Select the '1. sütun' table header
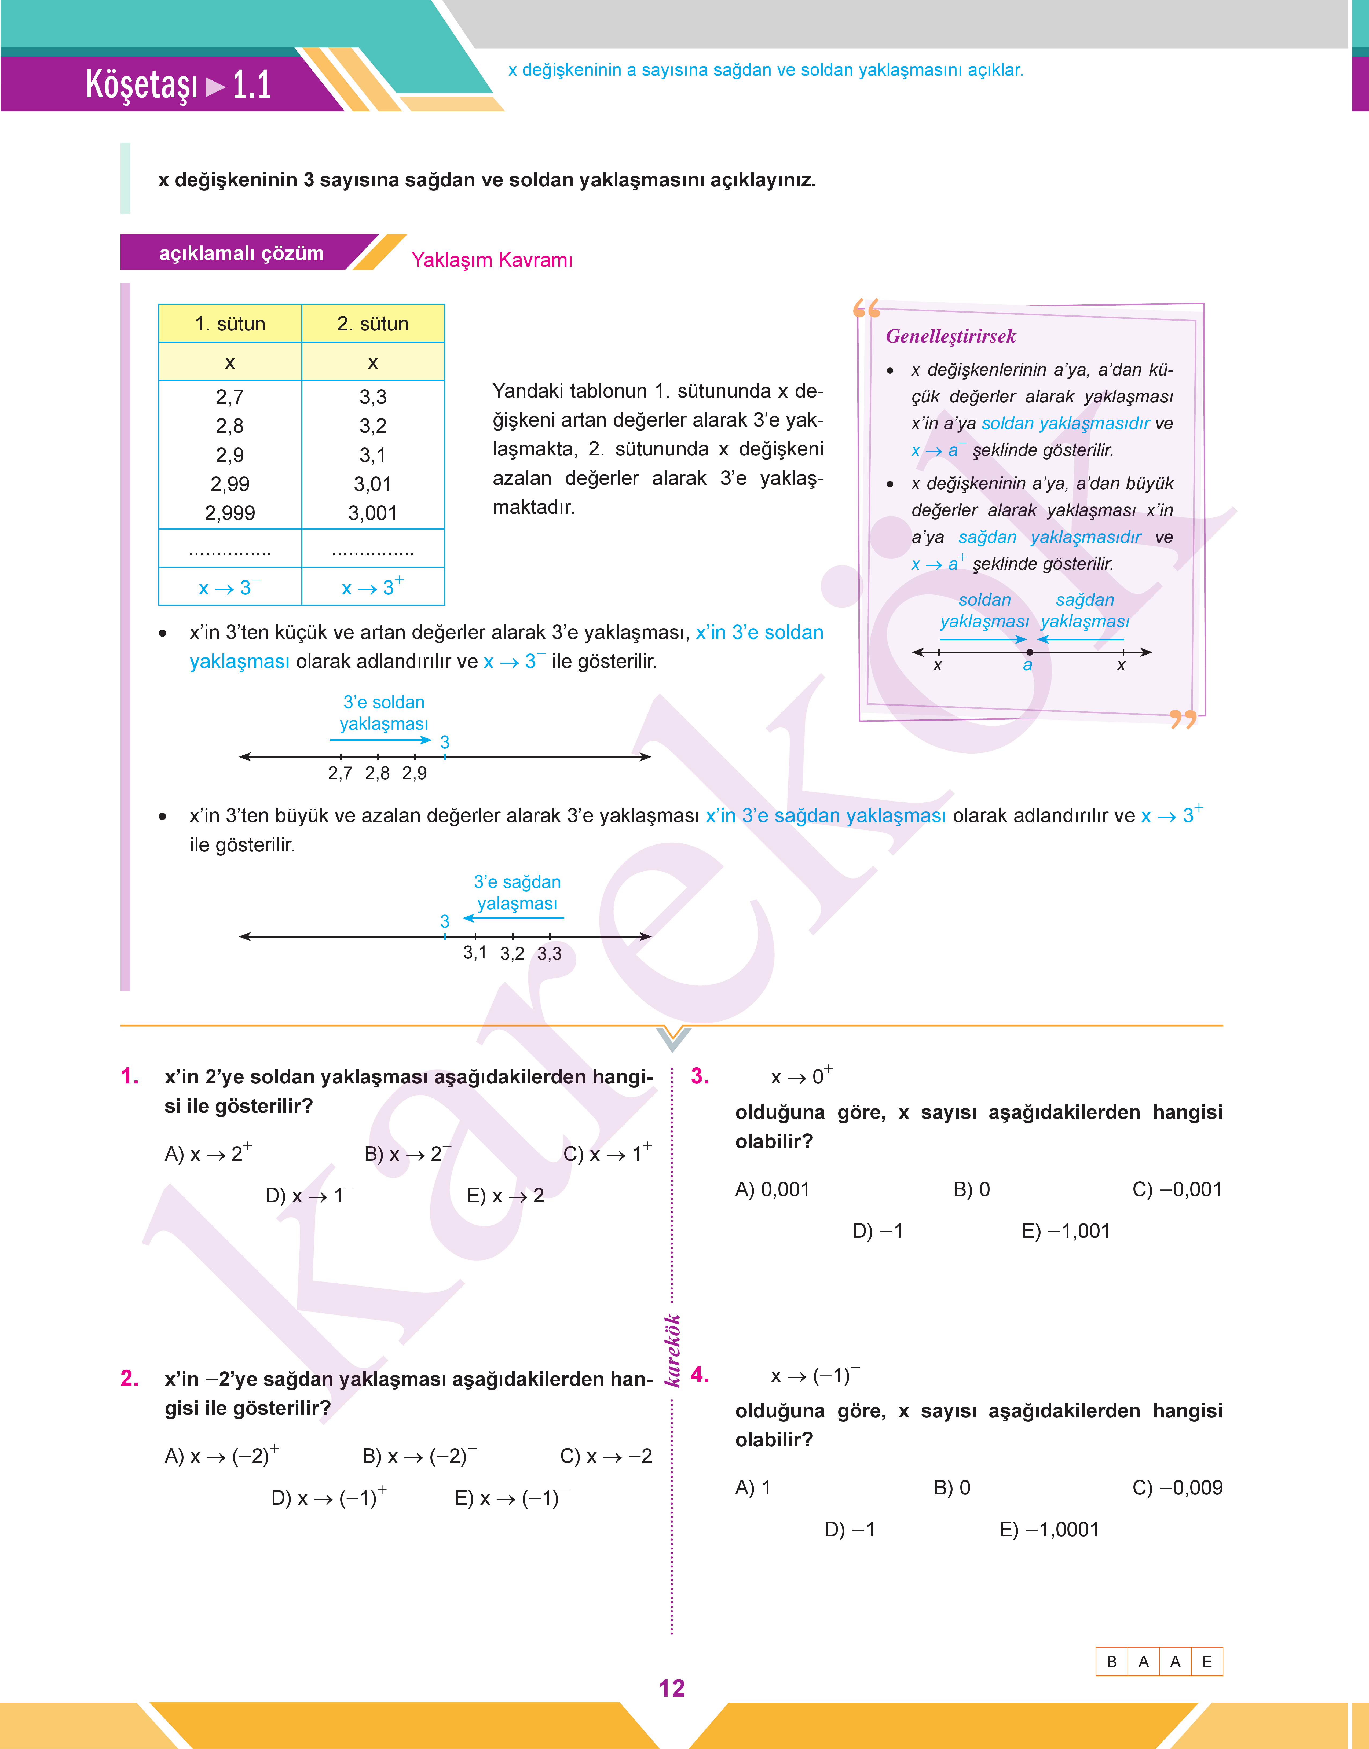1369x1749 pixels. [230, 324]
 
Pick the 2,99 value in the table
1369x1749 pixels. [230, 484]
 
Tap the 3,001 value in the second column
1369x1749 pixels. [373, 513]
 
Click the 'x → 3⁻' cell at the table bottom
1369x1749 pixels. [230, 587]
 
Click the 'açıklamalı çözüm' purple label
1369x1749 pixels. [241, 253]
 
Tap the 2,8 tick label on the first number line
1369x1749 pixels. [378, 773]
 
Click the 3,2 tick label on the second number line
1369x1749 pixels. [512, 953]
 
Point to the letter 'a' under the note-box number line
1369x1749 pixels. [1027, 665]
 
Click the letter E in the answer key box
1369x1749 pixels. [1206, 1662]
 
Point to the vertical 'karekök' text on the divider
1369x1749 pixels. [672, 1350]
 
